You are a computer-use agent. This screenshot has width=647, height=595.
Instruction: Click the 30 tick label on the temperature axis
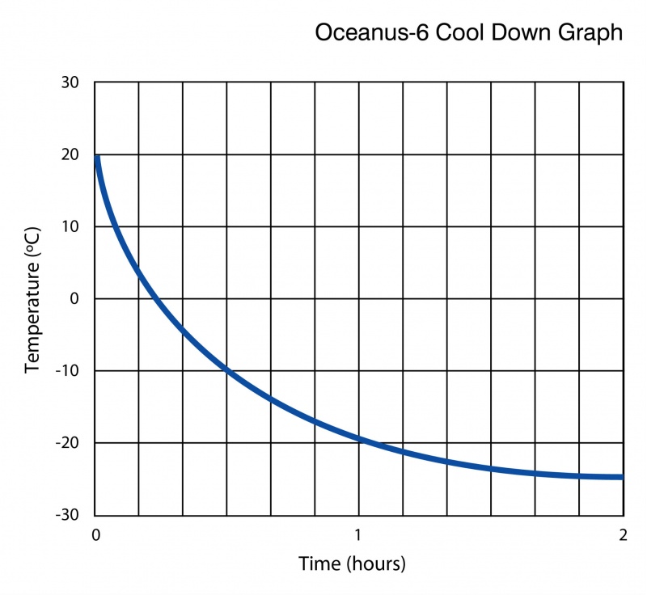pyautogui.click(x=70, y=82)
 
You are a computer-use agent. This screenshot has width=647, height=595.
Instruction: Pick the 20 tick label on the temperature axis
pyautogui.click(x=70, y=154)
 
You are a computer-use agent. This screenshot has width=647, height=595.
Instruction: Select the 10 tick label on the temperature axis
pyautogui.click(x=70, y=226)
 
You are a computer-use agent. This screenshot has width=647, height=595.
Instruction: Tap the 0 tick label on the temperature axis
pyautogui.click(x=74, y=298)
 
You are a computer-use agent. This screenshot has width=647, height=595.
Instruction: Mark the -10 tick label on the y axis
pyautogui.click(x=67, y=371)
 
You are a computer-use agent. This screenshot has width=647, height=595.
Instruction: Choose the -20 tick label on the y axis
pyautogui.click(x=67, y=443)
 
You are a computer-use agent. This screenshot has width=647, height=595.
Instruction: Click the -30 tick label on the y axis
pyautogui.click(x=67, y=515)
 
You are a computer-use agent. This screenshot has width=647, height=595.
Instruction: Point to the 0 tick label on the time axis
pyautogui.click(x=95, y=534)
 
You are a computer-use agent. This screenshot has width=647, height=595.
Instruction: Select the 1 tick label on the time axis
pyautogui.click(x=358, y=534)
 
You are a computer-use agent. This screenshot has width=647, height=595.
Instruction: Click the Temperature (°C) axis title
pyautogui.click(x=33, y=299)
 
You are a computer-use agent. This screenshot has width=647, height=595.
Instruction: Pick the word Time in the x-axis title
pyautogui.click(x=316, y=563)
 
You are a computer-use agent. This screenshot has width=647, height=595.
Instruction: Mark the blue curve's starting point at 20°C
pyautogui.click(x=96, y=156)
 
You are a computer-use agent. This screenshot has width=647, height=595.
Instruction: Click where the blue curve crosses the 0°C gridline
pyautogui.click(x=157, y=299)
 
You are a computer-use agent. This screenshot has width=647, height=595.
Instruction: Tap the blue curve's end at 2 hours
pyautogui.click(x=621, y=477)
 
